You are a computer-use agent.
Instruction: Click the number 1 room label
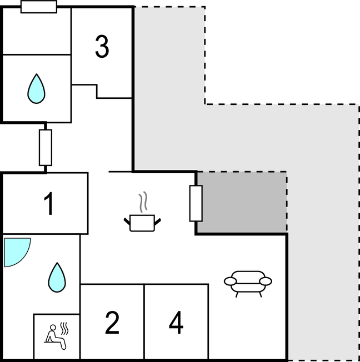click(49, 204)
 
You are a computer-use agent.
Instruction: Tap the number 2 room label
click(112, 323)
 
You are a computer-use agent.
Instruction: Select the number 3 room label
click(102, 47)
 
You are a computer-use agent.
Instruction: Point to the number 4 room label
click(176, 323)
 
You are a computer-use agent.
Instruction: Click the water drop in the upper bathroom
click(37, 89)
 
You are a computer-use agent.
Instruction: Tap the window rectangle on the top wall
click(38, 7)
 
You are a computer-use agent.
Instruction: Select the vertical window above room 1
click(46, 147)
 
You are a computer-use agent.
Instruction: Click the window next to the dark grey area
click(196, 203)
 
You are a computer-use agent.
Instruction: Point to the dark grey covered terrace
click(242, 202)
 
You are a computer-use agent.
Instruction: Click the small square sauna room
click(56, 336)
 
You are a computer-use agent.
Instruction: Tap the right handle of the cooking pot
click(158, 222)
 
